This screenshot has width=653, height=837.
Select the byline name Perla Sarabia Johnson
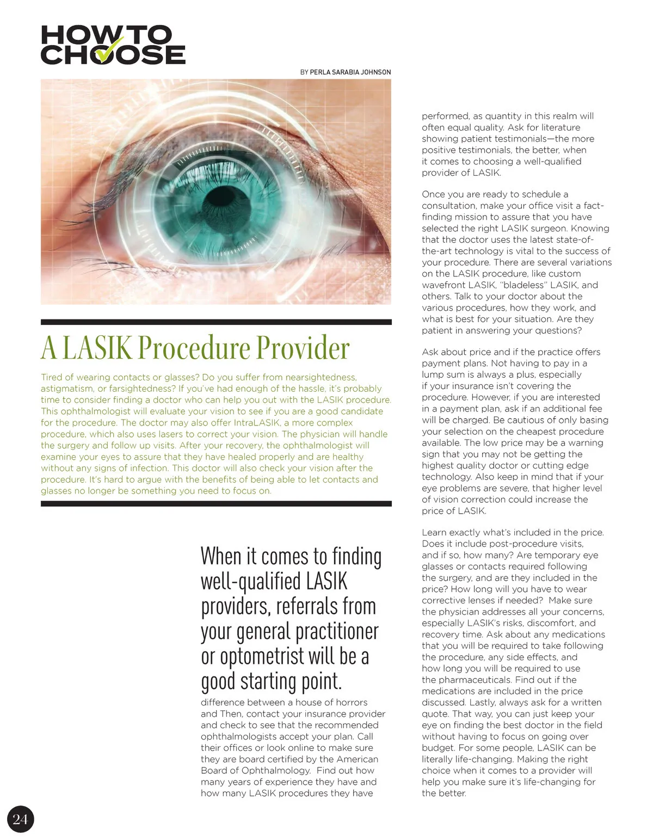point(350,72)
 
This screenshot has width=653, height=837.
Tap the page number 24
point(20,818)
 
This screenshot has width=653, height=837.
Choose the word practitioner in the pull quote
point(337,631)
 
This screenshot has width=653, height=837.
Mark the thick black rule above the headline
point(216,322)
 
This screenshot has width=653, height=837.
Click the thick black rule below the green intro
point(216,504)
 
